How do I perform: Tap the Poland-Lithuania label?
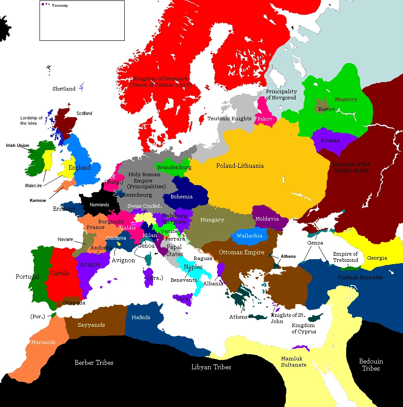(240, 166)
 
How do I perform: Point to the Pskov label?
(265, 119)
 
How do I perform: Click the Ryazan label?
(331, 140)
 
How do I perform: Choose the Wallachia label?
(249, 236)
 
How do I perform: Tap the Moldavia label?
(267, 219)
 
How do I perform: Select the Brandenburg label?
(174, 168)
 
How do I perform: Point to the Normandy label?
(99, 205)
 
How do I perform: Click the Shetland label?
(64, 89)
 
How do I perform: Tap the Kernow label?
(38, 201)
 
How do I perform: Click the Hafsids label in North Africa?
(141, 317)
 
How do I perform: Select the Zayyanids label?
(91, 325)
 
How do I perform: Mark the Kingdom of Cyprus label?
(304, 328)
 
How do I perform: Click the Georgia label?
(377, 258)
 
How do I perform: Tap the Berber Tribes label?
(94, 363)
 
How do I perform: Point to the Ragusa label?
(203, 258)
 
